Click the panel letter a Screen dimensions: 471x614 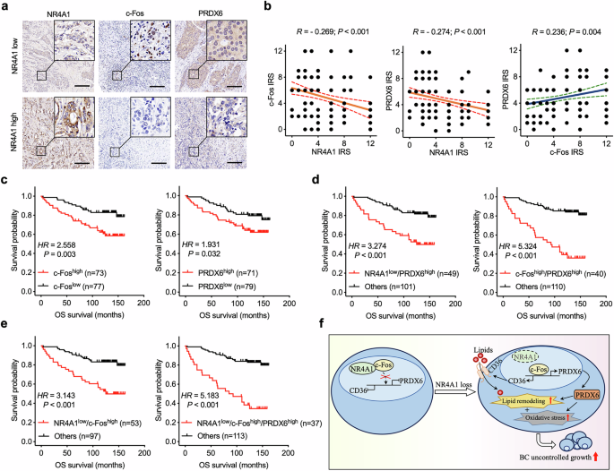click(x=6, y=7)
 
